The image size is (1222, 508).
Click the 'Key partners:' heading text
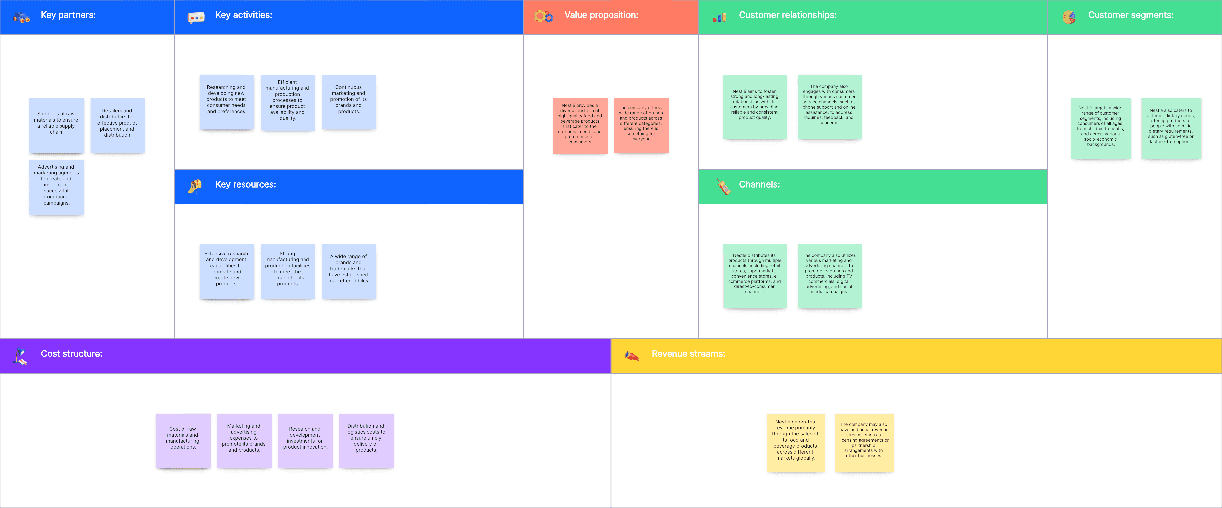68,15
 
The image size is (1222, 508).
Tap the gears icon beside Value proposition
543,17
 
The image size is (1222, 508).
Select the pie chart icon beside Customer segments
1069,17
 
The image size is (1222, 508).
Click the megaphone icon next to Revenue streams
631,356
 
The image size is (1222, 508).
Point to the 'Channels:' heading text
759,185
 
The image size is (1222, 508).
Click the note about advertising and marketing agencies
57,187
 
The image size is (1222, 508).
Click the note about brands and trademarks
349,271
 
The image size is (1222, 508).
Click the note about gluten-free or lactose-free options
1171,128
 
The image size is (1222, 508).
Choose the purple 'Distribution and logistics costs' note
366,441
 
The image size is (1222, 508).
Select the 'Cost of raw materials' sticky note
183,441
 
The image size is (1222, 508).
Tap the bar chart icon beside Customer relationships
719,17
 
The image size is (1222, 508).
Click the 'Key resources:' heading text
245,185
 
